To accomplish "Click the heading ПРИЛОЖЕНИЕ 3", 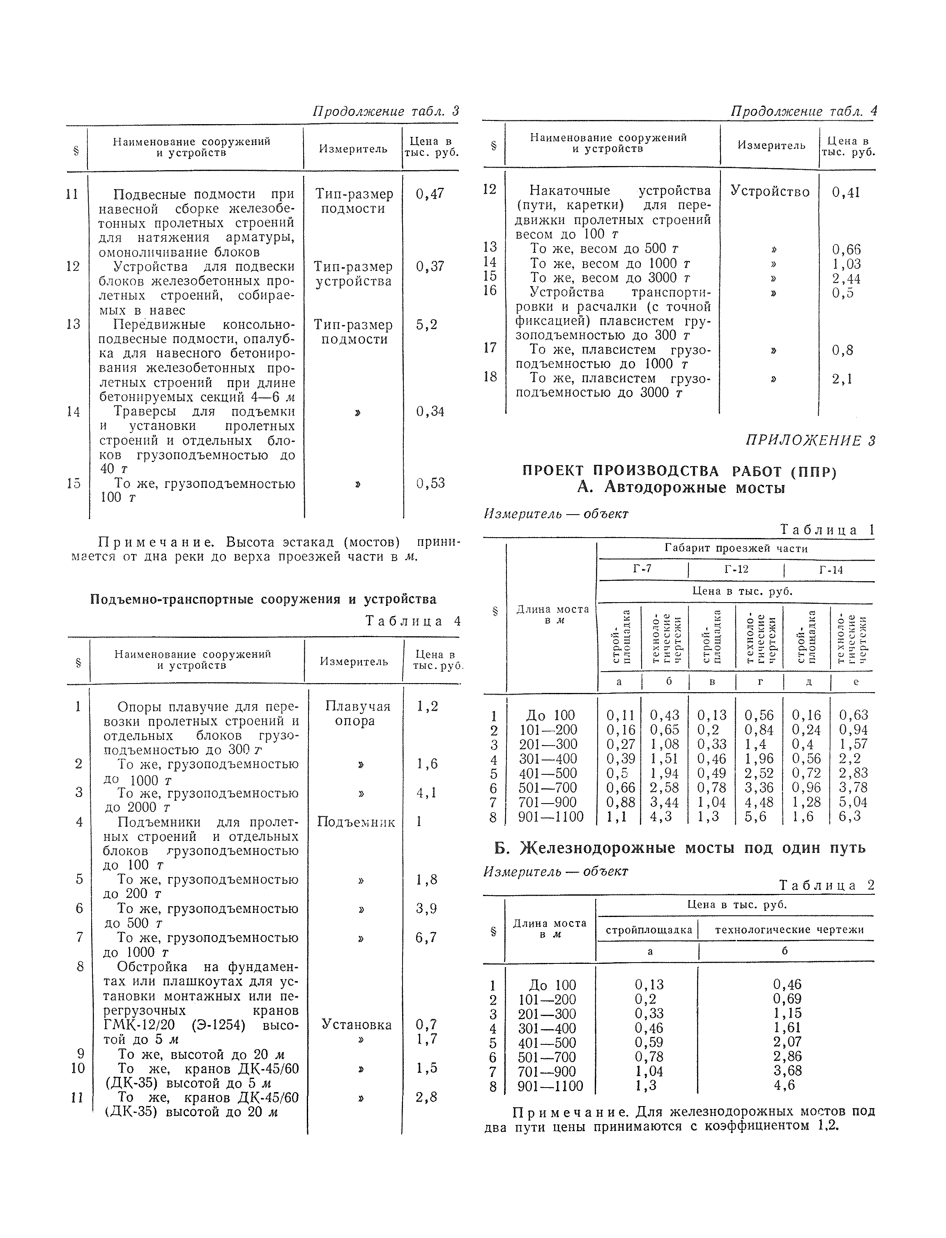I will (x=810, y=441).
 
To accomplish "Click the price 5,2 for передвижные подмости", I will (x=426, y=325).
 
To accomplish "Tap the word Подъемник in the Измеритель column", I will (x=356, y=822).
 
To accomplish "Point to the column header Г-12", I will (x=736, y=569).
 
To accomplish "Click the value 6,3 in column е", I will (x=850, y=817).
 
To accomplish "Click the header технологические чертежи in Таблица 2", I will (x=789, y=930).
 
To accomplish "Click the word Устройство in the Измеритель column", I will (x=770, y=192).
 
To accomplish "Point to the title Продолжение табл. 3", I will (x=386, y=111).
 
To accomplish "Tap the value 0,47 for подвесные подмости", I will (x=430, y=194).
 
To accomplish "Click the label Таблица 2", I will (x=826, y=886).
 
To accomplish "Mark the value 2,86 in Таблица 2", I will (x=787, y=1057).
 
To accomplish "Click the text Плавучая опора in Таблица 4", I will (x=355, y=714).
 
